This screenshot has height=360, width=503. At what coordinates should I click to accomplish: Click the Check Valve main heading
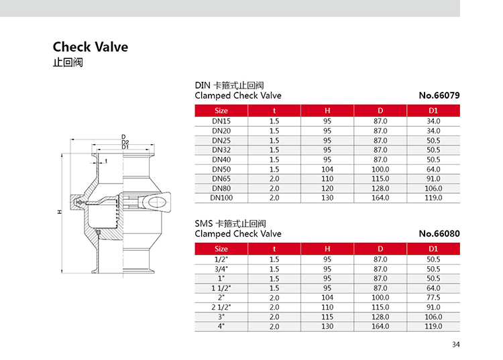coord(91,47)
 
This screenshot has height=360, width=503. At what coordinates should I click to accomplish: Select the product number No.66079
coord(439,95)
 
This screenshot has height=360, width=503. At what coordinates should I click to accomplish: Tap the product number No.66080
coord(439,234)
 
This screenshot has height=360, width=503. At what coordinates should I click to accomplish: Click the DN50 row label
coord(221,169)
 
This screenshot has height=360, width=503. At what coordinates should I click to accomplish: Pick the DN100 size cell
coord(221,198)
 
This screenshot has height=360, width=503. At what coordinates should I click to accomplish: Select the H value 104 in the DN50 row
coord(327,169)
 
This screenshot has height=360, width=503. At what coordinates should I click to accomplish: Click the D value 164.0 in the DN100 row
coord(380,198)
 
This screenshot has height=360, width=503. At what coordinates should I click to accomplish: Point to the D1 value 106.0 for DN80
coord(433,188)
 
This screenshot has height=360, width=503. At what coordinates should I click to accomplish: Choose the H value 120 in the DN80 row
coord(327,188)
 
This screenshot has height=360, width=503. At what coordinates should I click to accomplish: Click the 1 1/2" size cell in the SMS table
coord(221,288)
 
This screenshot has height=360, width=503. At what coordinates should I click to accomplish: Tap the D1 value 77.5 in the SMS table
coord(433,298)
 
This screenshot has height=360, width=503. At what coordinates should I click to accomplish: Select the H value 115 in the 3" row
coord(327,317)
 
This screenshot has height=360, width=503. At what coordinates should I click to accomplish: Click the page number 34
coord(456,345)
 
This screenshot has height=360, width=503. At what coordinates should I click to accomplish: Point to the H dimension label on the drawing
coord(59,212)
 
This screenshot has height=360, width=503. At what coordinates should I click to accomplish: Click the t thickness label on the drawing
coord(106,161)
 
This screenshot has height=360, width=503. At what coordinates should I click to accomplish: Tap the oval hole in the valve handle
coord(158,202)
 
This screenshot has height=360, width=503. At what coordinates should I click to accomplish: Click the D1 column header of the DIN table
coord(433,111)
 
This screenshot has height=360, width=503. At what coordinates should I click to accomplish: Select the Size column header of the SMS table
coord(221,249)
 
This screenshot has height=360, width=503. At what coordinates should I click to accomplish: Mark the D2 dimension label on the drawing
coord(125,142)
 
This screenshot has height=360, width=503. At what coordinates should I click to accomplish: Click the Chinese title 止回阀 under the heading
coord(68,62)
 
